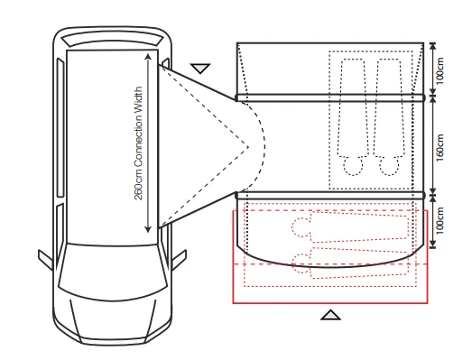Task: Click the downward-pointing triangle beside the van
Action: point(201,67)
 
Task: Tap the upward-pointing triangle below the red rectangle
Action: point(331,314)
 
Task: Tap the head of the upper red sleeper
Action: point(300,229)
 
